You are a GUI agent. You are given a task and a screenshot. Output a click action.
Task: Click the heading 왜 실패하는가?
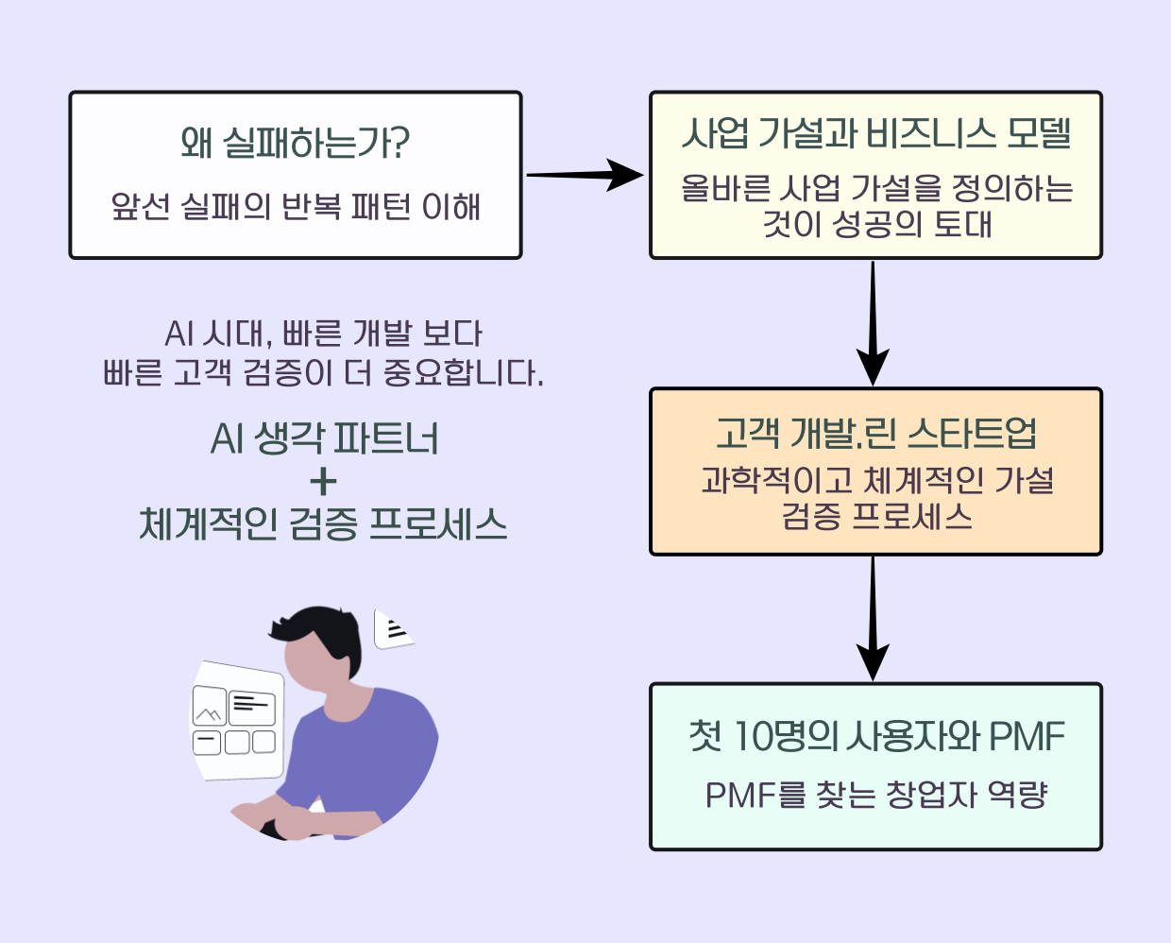coord(295,143)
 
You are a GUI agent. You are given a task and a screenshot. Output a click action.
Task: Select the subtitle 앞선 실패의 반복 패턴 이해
coord(296,207)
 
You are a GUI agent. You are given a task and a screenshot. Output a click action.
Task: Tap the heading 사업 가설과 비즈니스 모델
coord(876,133)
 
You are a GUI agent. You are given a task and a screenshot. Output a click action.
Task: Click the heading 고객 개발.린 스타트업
coord(876,434)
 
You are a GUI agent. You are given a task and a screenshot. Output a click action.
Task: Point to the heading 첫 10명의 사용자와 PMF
coord(876,736)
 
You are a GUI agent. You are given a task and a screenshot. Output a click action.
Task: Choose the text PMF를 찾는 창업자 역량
coord(876,795)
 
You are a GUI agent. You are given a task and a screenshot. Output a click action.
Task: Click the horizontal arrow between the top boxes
coord(585,175)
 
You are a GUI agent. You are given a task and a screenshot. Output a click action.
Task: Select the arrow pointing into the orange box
coord(873,323)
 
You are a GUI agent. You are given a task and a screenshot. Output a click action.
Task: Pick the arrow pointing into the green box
coord(873,619)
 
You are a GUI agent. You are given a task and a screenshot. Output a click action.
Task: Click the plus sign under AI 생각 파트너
coord(323,481)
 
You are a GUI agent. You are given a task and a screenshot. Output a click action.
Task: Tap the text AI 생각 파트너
coord(324,438)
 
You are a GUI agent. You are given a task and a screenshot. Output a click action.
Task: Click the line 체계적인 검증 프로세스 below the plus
coord(323,524)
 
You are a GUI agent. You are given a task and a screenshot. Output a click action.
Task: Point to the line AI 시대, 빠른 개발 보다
coord(323,334)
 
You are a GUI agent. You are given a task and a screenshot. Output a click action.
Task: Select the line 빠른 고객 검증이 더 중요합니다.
coord(323,373)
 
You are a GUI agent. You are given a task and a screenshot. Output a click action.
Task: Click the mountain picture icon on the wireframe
coord(209,706)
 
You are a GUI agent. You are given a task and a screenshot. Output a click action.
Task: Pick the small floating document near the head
coord(393,630)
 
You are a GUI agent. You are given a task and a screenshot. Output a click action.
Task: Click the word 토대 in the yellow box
coord(962,224)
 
